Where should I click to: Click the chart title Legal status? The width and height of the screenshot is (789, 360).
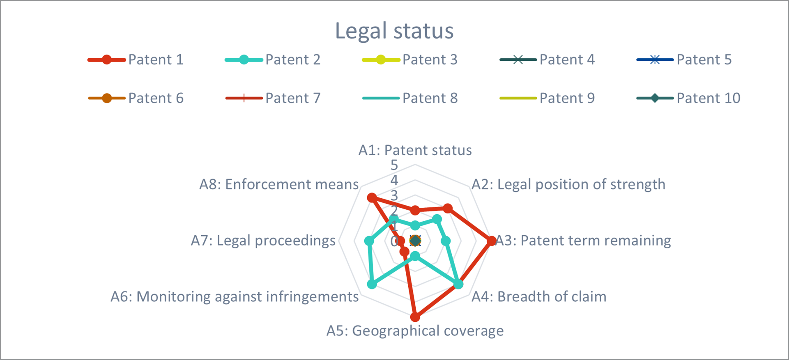coord(394,31)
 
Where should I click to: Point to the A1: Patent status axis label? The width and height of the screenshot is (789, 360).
coord(415,151)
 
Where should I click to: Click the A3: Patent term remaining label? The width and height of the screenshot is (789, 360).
coord(583,241)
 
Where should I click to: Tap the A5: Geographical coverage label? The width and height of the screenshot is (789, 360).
coord(415,331)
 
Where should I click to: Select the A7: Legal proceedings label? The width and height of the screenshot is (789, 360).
coord(263,241)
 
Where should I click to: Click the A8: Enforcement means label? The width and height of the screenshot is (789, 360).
coord(279,185)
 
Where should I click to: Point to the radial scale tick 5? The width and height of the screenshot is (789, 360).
coord(394,165)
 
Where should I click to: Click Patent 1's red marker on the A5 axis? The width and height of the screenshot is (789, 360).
coord(415,317)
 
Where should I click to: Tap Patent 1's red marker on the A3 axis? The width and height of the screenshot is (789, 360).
coord(491,241)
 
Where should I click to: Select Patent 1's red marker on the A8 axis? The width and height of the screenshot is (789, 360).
coord(372,198)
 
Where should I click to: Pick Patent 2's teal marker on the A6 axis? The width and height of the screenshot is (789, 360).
coord(372,284)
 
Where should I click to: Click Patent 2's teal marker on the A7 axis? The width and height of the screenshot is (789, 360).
coord(369,241)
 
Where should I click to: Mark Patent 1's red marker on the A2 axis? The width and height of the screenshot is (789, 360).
coord(448,209)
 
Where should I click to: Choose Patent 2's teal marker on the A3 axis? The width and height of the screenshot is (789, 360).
coord(446,241)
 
